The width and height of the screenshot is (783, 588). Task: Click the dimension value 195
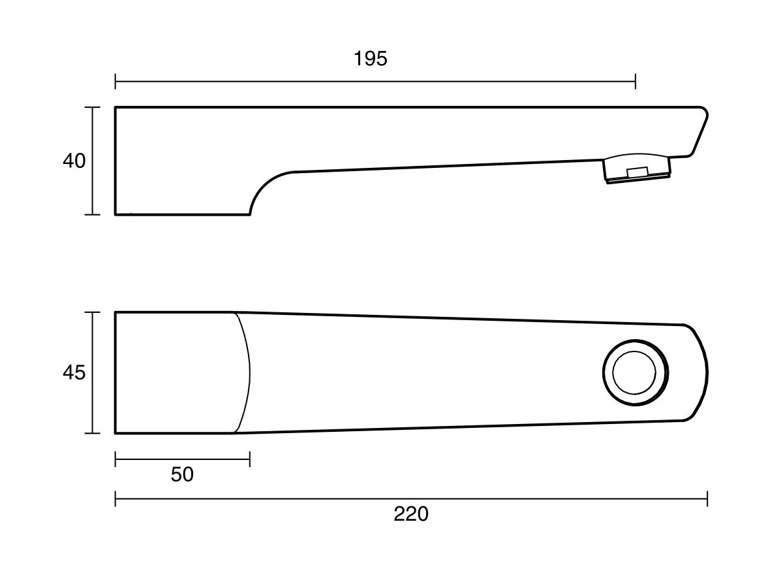pos(370,59)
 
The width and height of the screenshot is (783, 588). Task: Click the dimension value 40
pos(74,161)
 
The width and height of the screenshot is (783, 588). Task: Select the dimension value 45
pos(74,372)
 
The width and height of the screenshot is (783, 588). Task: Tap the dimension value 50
pos(182,474)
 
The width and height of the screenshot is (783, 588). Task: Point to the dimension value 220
pos(411,514)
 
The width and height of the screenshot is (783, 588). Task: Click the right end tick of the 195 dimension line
pos(636,82)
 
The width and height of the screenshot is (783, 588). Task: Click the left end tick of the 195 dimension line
pos(115,82)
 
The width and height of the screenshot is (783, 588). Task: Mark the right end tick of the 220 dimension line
pos(707,498)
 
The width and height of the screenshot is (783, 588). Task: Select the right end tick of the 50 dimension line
pos(250,459)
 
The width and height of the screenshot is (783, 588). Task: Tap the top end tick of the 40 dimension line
pos(93,106)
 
